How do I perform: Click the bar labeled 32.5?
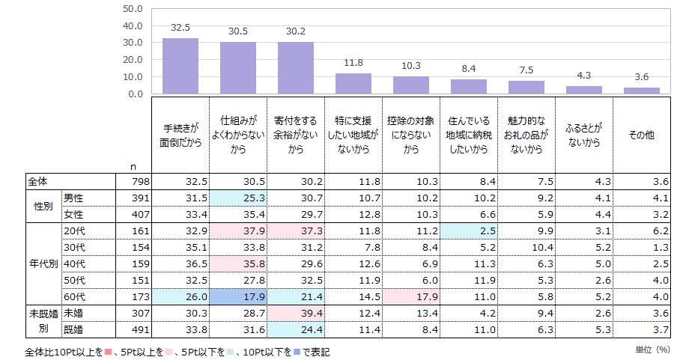click(x=180, y=66)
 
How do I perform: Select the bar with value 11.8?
click(x=353, y=83)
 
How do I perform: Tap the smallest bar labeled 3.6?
click(x=642, y=91)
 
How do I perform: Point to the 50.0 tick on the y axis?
click(x=132, y=9)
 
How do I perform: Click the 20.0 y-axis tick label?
click(x=132, y=60)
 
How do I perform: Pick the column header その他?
click(x=642, y=135)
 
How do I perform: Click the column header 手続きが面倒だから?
click(x=180, y=135)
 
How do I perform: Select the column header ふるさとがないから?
click(x=584, y=135)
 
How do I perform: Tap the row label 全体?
click(x=37, y=182)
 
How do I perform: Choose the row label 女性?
click(x=73, y=215)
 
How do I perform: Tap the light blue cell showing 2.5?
click(x=469, y=231)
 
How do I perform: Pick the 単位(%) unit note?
click(x=651, y=349)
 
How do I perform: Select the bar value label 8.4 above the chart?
click(x=469, y=69)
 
